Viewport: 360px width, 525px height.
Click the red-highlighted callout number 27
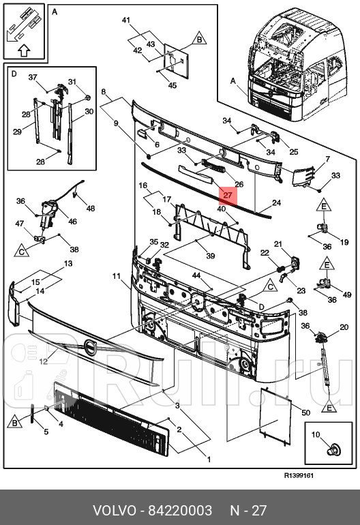[x=228, y=195]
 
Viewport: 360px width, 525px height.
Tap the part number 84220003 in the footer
[x=180, y=511]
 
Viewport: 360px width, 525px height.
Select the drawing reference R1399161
[x=299, y=475]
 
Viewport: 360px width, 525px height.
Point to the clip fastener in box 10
[x=334, y=449]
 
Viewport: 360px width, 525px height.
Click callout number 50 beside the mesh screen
[x=305, y=412]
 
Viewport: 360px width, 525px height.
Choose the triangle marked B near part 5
[x=15, y=422]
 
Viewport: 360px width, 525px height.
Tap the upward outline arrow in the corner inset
[x=23, y=50]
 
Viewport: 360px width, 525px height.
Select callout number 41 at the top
[x=125, y=20]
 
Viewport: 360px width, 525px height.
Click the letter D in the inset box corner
[x=14, y=74]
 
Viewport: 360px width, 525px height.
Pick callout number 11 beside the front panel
[x=116, y=276]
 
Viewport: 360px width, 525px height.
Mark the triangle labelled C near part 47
[x=22, y=250]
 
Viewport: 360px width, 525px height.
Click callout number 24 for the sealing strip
[x=276, y=202]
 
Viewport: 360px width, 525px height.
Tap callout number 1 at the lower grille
[x=209, y=460]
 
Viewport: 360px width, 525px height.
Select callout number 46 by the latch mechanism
[x=72, y=222]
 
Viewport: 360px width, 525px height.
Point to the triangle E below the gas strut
[x=329, y=407]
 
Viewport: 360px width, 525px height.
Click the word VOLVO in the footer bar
[x=115, y=511]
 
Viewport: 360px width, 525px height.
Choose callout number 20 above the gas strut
[x=344, y=327]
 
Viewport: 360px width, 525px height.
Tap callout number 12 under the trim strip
[x=44, y=361]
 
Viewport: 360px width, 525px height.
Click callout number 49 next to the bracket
[x=347, y=295]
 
